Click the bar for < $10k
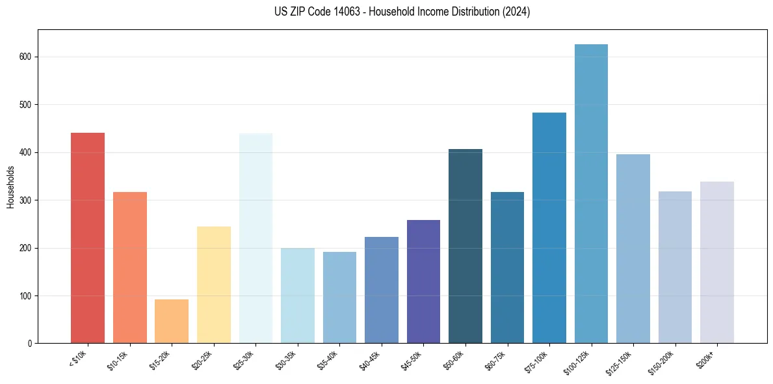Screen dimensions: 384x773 [87, 238]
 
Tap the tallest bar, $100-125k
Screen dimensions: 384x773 [591, 194]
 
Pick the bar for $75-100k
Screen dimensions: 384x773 [549, 228]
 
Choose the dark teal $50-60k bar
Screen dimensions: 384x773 [465, 246]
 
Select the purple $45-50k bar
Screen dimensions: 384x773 [423, 281]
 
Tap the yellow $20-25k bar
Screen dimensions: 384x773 [214, 284]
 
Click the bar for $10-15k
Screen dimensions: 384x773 [130, 267]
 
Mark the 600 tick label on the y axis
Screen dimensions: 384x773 [25, 57]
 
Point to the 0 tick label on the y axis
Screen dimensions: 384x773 [29, 344]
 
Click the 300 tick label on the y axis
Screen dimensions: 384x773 [25, 200]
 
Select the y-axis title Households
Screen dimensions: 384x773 [10, 186]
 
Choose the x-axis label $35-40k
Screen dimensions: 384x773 [328, 361]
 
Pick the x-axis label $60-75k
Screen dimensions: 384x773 [496, 361]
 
